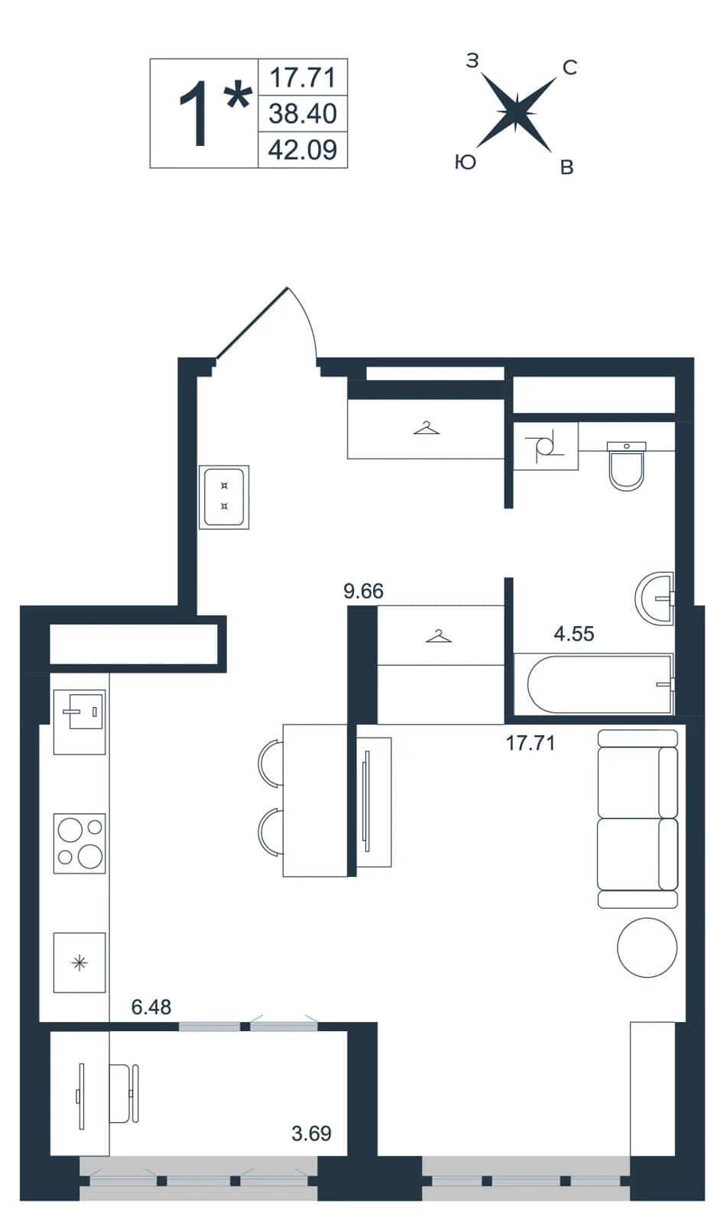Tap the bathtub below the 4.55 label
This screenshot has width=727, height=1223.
click(x=594, y=683)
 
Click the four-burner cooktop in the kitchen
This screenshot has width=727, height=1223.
click(x=80, y=843)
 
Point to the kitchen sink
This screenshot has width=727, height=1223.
click(x=80, y=722)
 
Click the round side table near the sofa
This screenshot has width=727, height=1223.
click(x=647, y=947)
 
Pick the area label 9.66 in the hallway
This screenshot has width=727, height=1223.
click(x=363, y=591)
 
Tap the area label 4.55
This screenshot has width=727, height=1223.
click(x=573, y=634)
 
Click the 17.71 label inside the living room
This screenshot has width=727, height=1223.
click(x=530, y=743)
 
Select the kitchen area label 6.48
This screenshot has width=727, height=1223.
click(x=151, y=1006)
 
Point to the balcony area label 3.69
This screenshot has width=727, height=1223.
click(x=311, y=1134)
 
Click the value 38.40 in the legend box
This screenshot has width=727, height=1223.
click(x=303, y=114)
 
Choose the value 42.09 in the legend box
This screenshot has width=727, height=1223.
click(x=303, y=150)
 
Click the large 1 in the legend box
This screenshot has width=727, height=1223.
click(x=194, y=114)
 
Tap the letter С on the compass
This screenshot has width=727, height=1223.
click(x=570, y=68)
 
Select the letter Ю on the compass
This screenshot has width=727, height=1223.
click(x=466, y=162)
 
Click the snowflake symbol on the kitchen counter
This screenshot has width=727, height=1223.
click(x=80, y=962)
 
